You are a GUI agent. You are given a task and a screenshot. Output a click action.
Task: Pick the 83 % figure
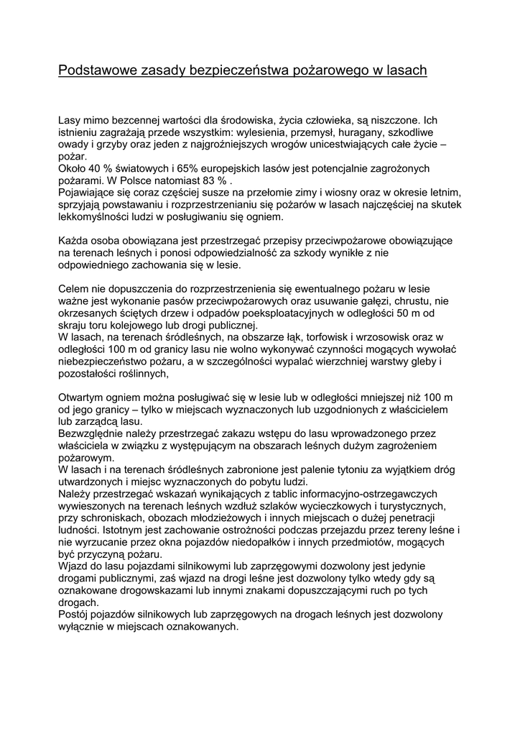click(217, 180)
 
